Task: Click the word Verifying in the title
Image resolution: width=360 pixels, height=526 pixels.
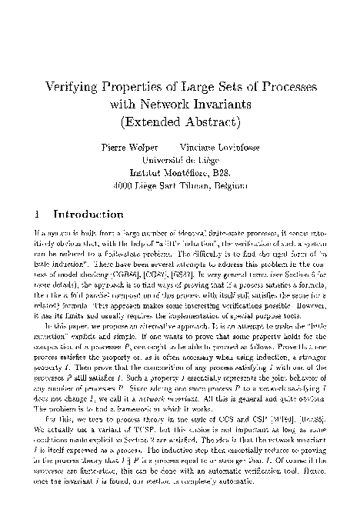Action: [x=77, y=89]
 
